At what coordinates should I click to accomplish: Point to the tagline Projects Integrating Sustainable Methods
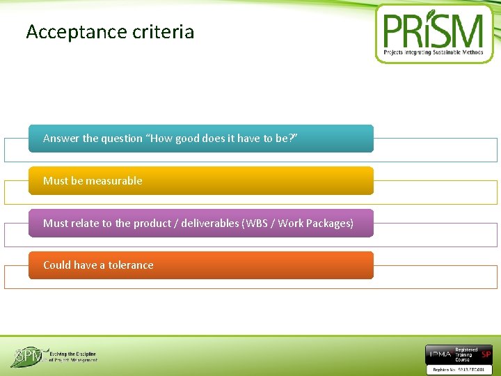click(x=434, y=52)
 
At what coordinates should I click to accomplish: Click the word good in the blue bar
click(x=198, y=138)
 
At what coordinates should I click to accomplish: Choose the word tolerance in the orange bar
click(x=130, y=265)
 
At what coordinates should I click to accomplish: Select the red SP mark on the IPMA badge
click(x=486, y=354)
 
